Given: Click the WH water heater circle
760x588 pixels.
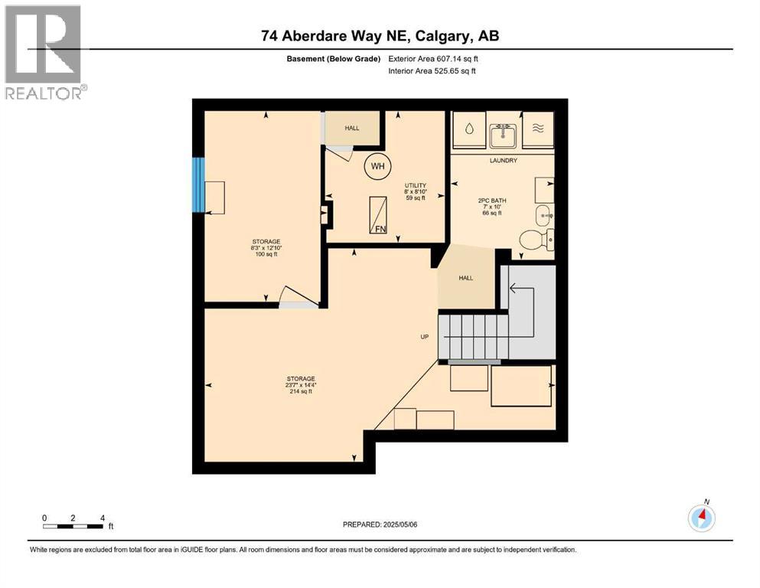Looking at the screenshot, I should tap(377, 165).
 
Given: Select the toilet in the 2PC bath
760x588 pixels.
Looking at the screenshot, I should tap(535, 240).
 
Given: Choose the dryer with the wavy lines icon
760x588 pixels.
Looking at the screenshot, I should tap(538, 129).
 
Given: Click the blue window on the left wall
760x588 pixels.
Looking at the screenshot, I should tap(198, 185).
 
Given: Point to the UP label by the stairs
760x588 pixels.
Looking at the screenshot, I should tap(423, 336).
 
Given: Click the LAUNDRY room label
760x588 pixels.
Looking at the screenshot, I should tap(504, 160).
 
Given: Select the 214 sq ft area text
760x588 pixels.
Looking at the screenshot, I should tap(301, 391).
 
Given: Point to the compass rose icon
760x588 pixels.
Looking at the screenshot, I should tap(701, 518).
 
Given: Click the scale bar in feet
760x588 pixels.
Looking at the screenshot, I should tap(73, 525).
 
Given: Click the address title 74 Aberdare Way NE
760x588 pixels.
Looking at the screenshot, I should tap(380, 36).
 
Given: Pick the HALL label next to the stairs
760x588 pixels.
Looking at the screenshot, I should tap(465, 278).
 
